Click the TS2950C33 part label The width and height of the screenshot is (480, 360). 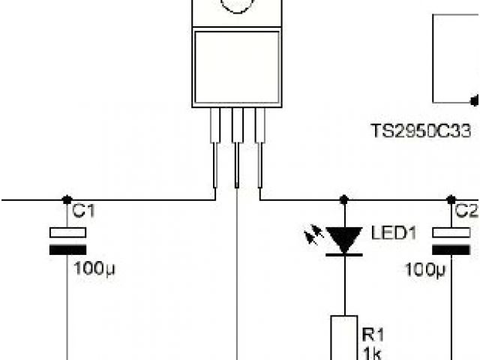point(423,130)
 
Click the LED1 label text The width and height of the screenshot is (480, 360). point(393,233)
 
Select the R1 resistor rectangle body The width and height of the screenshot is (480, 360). point(343,337)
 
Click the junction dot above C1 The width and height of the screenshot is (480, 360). point(67,199)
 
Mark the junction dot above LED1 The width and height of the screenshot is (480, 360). point(343,199)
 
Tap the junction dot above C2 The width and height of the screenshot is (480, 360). point(451,199)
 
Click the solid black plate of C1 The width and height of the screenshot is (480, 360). point(67,250)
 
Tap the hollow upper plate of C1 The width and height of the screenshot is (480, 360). point(67,232)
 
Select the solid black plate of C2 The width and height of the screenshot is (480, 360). point(451,250)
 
